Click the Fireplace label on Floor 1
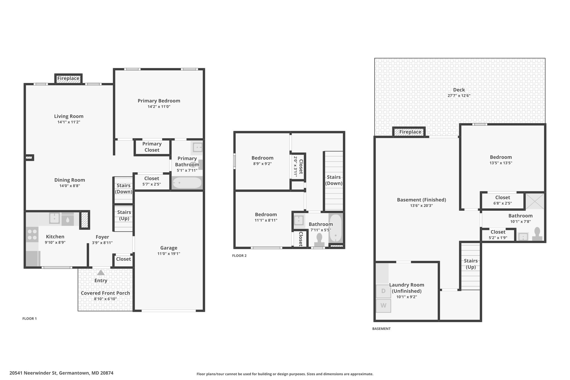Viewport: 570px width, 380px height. [68, 79]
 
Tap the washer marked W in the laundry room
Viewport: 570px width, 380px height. [383, 305]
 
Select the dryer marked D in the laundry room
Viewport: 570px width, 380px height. [383, 291]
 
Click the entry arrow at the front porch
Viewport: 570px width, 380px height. [101, 273]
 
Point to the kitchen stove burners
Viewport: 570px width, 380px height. [32, 234]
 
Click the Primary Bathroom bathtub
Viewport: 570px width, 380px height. [187, 183]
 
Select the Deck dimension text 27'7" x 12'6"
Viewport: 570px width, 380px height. [459, 95]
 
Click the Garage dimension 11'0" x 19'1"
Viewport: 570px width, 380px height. [169, 254]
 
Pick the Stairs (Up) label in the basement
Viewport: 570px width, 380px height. [471, 264]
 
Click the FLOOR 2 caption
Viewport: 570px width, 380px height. [239, 256]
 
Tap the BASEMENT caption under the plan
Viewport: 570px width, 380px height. [381, 328]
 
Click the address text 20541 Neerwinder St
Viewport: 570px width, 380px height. [33, 373]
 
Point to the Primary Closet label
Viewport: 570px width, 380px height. [152, 147]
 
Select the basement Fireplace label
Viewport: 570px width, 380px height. [410, 132]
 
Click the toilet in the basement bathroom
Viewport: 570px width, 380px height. [537, 234]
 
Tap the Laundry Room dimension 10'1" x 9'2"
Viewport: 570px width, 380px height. [407, 297]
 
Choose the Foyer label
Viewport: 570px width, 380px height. [102, 237]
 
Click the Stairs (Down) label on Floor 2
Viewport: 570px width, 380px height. [334, 180]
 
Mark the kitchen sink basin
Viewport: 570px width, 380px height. [54, 218]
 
